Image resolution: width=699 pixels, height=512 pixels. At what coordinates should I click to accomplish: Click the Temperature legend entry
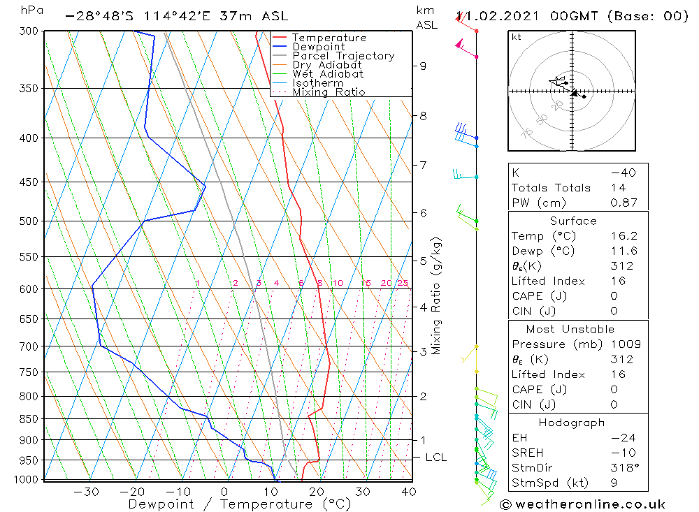[x=329, y=38]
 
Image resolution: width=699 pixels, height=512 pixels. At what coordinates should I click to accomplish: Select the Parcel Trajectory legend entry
[x=343, y=56]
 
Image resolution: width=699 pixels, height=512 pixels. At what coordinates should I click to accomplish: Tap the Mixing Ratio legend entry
[x=329, y=92]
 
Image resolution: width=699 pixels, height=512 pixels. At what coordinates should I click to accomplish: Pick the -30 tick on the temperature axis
[x=86, y=492]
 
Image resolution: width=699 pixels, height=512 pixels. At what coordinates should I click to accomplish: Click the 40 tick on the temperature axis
[x=409, y=492]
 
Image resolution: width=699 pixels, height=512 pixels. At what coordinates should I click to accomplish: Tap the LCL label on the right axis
[x=435, y=458]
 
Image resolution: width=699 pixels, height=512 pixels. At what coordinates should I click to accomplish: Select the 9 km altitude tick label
[x=423, y=66]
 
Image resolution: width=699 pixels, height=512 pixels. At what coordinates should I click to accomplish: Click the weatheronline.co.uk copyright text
[x=583, y=504]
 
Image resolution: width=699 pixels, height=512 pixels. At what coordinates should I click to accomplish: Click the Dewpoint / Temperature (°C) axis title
[x=239, y=504]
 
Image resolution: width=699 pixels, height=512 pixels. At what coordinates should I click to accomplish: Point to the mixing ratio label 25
[x=403, y=283]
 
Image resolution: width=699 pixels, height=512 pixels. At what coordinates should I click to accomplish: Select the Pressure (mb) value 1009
[x=622, y=344]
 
